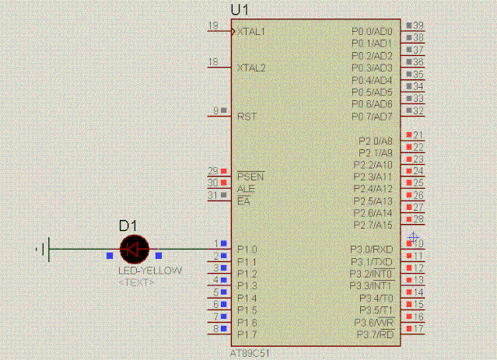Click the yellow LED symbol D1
134,249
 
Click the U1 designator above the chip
240,10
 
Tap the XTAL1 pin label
251,32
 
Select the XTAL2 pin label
251,68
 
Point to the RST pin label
247,117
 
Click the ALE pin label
246,189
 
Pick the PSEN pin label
250,177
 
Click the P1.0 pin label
247,250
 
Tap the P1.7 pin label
247,334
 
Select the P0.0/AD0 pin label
373,32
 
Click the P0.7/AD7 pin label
373,117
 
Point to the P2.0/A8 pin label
376,141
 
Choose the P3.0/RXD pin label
372,250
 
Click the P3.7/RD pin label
374,334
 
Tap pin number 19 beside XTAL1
212,26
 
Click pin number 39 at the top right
418,26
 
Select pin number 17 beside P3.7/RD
418,329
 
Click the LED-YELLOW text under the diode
150,271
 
